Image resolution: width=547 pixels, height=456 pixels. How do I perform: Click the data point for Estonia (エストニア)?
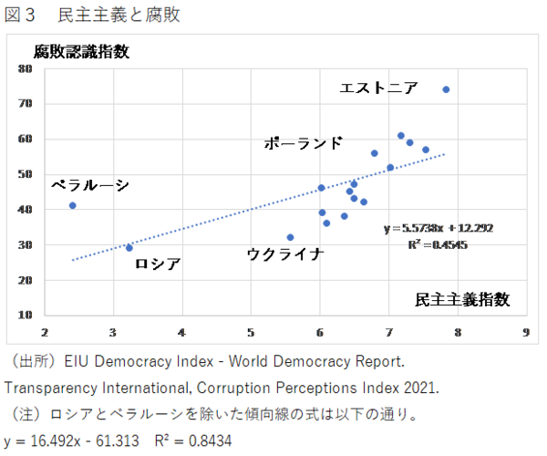(446, 89)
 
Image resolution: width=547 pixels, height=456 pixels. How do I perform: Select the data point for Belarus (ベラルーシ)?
(73, 205)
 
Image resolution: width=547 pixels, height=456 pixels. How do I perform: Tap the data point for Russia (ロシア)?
(129, 247)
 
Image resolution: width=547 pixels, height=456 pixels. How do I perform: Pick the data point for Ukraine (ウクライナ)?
(290, 237)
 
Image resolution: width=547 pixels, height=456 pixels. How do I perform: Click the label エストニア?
(378, 88)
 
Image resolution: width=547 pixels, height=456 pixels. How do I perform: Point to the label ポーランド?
(304, 143)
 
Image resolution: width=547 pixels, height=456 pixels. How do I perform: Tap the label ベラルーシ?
(89, 185)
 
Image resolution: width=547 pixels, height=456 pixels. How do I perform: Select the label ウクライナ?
(285, 254)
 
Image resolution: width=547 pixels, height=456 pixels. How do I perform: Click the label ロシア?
(158, 264)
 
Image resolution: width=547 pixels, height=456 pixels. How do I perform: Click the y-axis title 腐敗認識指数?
(82, 51)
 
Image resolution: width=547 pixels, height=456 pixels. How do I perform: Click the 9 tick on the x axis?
(526, 331)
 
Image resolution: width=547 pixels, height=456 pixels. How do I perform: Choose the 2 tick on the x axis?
(45, 331)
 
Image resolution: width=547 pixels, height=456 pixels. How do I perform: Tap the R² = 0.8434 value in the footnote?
(192, 440)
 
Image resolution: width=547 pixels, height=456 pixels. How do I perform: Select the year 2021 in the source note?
(418, 388)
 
